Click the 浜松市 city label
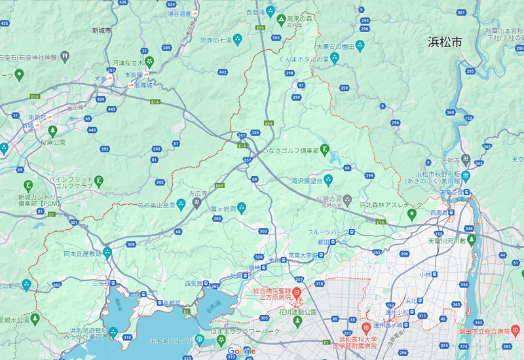(445, 43)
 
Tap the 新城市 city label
(102, 30)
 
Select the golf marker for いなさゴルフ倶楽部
(324, 151)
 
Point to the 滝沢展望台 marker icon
(328, 179)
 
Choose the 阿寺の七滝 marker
(238, 39)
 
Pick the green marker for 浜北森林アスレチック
(412, 214)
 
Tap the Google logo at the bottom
(241, 352)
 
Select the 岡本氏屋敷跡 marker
(107, 253)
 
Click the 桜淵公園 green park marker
(52, 130)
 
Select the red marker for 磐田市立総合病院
(515, 328)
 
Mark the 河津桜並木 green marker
(150, 63)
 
